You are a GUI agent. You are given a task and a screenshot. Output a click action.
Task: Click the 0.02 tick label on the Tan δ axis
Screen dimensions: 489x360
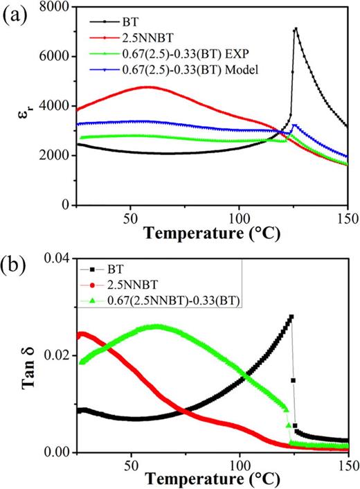click(57, 355)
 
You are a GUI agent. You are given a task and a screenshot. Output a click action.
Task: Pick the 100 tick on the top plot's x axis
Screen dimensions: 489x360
click(239, 215)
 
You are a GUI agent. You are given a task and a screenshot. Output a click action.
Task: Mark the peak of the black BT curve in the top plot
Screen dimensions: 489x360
click(296, 28)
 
